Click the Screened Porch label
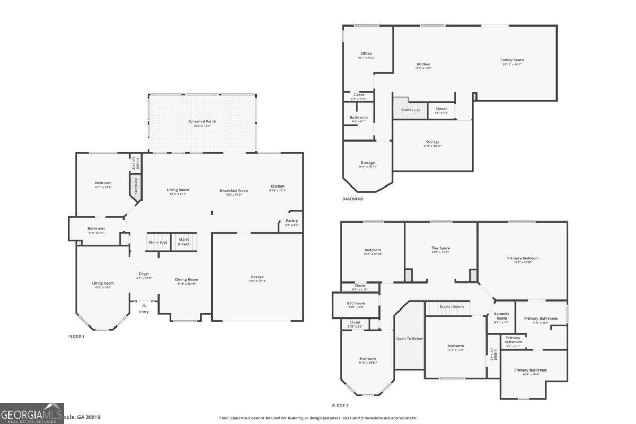pos(202,121)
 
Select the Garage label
pos(257,277)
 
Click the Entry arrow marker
pos(144,305)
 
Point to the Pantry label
pos(291,221)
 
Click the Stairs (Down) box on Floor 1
pos(184,242)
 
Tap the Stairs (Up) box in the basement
pos(410,110)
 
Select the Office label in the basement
pos(366,54)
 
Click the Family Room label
pos(511,60)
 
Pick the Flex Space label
pos(441,248)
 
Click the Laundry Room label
pos(501,316)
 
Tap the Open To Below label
pos(410,338)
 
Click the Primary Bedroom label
pos(523,258)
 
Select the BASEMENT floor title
pos(353,199)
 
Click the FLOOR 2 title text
pos(340,405)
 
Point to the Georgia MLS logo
pos(31,413)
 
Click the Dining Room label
pos(187,280)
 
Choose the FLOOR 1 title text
pos(76,337)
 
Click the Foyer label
pos(144,274)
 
